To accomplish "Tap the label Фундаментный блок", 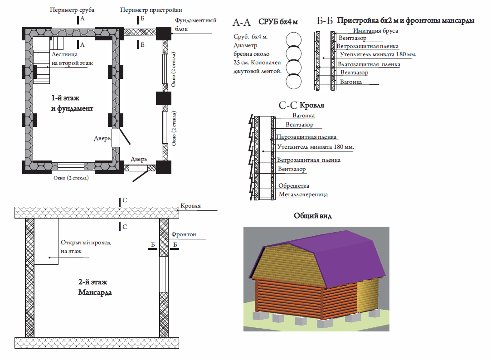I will [x=191, y=25].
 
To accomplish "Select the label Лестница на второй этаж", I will [x=72, y=59].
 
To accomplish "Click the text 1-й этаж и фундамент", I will [x=72, y=103].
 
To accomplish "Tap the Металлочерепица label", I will [x=303, y=195].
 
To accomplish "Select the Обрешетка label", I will [x=293, y=186].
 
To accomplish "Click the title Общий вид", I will [x=312, y=216].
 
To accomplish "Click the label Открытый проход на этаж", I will [x=85, y=247].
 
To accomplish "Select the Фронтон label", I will [x=184, y=234].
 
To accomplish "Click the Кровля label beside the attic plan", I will [x=190, y=206].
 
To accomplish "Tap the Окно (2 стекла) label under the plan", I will [x=71, y=178].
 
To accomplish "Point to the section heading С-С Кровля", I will [x=301, y=106].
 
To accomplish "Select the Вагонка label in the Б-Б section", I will [x=351, y=82].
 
